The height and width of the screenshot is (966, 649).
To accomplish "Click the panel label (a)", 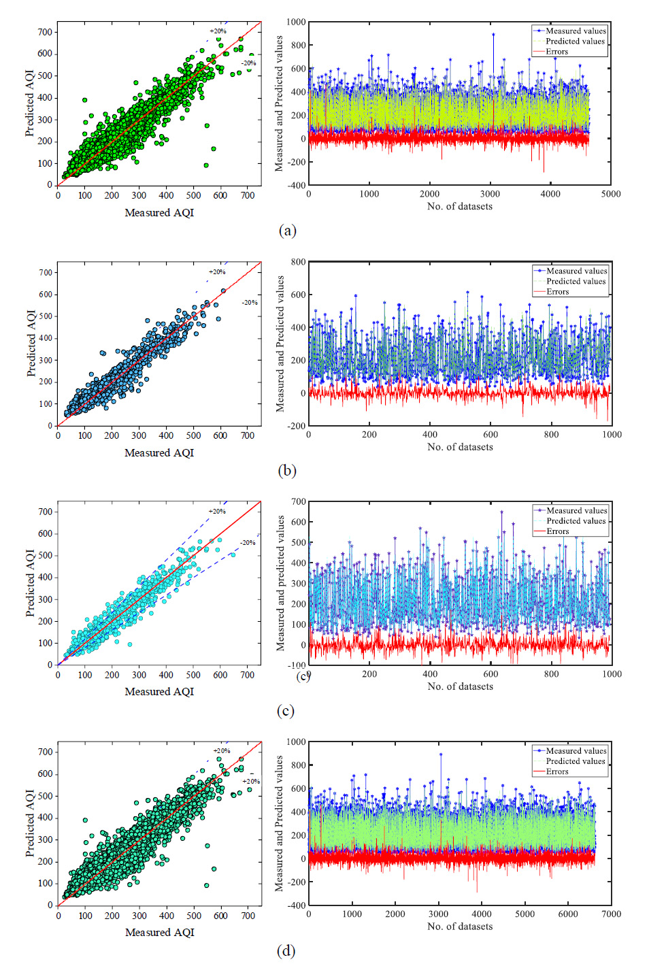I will click(x=287, y=231).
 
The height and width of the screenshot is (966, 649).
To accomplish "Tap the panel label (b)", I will click(x=287, y=471).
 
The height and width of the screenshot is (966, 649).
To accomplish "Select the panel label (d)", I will click(x=286, y=950).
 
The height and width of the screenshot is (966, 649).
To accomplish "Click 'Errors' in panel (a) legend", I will click(x=556, y=52).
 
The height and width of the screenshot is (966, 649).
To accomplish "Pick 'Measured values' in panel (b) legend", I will click(x=576, y=271).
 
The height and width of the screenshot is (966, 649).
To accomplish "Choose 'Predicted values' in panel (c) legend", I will click(x=576, y=521).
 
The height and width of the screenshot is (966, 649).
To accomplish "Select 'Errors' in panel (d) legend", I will click(x=556, y=771).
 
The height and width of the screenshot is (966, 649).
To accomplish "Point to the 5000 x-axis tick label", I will click(x=611, y=194).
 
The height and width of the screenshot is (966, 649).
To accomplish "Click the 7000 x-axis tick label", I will click(x=611, y=914).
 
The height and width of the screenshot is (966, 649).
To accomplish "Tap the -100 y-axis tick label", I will click(x=297, y=665).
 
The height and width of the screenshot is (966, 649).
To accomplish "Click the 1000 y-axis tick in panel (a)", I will click(x=296, y=22).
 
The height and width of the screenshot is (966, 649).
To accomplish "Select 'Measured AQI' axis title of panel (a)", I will click(x=159, y=213).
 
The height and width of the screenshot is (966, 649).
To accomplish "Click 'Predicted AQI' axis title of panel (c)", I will click(x=30, y=583).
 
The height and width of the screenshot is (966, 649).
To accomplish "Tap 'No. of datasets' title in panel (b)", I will click(x=460, y=447).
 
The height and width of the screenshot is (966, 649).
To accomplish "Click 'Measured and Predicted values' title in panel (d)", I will click(x=279, y=823).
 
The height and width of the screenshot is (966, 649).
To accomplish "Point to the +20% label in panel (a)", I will click(x=218, y=31).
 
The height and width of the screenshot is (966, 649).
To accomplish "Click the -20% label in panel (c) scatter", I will click(x=248, y=543).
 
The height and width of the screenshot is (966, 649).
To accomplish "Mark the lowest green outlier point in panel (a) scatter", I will click(x=206, y=165).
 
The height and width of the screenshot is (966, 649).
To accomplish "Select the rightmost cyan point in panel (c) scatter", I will click(x=233, y=555).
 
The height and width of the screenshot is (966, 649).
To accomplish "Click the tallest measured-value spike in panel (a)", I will click(x=493, y=34).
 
